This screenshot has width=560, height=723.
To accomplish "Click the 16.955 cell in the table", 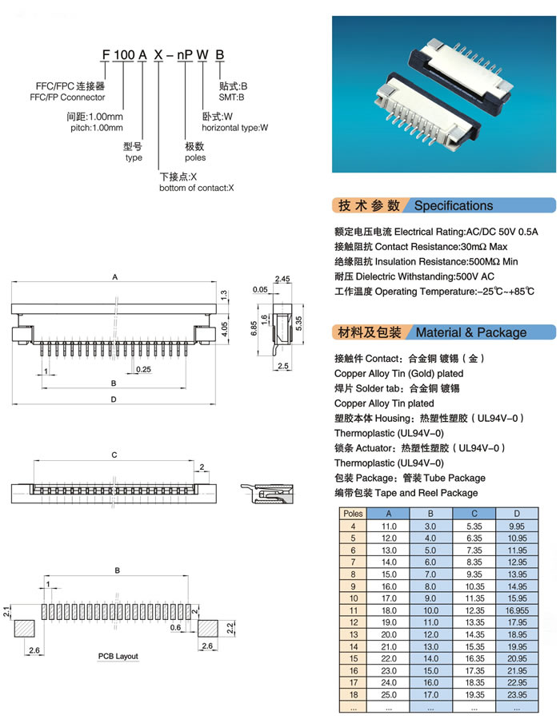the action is pos(517,610).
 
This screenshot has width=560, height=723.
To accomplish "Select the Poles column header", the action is pos(353,513).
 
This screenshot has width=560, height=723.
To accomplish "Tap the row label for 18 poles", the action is pos(353,694).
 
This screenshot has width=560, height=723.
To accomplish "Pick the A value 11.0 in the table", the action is pos(389,526).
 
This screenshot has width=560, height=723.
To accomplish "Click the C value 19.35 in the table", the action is pos(474,694).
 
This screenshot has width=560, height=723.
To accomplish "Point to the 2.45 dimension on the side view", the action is pos(282,279).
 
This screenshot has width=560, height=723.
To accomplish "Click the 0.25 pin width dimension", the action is pos(143,369).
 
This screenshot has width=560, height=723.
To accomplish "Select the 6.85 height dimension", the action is pos(254,328).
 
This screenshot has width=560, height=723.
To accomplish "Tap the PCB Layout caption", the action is pos(118,656).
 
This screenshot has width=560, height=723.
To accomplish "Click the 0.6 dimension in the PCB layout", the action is pos(175,627).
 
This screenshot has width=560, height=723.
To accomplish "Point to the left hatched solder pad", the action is pos(25,629).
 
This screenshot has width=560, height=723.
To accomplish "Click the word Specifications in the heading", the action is pos(454,205).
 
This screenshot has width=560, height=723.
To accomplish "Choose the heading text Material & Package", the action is pos(471,332).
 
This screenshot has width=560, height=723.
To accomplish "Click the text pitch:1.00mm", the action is pos(97,128).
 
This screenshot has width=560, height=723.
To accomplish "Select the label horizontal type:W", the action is pos(234,128).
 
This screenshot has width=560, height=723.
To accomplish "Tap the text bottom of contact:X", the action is pos(197,188).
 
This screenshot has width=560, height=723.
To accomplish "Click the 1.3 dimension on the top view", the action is pos(223,295).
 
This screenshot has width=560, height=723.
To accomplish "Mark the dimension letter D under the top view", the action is pos(114,399).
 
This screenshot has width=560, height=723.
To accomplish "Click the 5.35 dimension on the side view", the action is pos(298,323).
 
